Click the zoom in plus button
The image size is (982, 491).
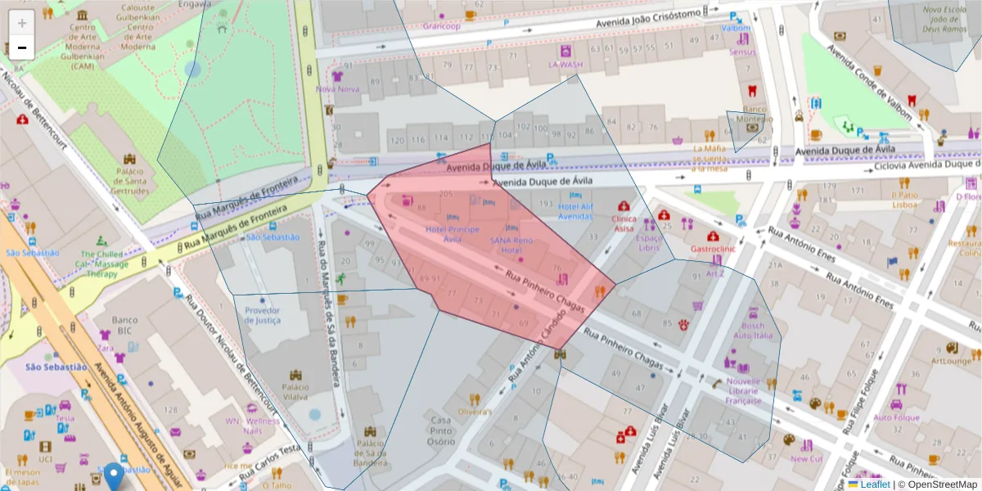tap(22, 23)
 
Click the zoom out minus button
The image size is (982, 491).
tap(22, 47)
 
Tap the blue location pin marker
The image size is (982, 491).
tap(114, 475)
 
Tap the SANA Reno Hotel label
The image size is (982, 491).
tap(512, 245)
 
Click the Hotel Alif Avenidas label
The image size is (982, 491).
tap(575, 212)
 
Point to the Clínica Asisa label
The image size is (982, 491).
tap(624, 223)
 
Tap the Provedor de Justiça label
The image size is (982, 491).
tap(263, 315)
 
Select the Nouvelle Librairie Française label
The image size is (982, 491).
tap(743, 390)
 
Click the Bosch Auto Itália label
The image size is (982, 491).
tap(753, 330)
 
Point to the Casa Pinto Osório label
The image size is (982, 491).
tap(440, 430)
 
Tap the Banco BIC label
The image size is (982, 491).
tap(124, 325)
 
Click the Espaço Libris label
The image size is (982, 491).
tap(649, 242)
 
